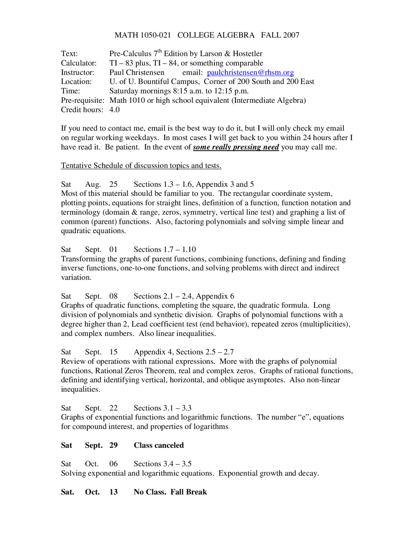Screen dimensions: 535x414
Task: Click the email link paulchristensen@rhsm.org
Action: [x=250, y=72]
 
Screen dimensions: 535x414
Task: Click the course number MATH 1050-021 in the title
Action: [x=143, y=35]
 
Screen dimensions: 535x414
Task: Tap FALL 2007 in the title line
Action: [x=280, y=35]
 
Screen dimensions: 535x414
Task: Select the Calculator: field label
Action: [x=79, y=63]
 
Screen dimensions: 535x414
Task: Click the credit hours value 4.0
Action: [x=114, y=110]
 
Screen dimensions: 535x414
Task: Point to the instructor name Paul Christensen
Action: [x=136, y=72]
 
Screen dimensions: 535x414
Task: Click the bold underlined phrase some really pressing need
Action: [x=236, y=147]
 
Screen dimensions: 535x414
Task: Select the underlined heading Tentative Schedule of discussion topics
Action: [x=141, y=166]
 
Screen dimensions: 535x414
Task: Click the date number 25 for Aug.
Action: [x=114, y=184]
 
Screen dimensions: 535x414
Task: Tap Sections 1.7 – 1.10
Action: [x=165, y=250]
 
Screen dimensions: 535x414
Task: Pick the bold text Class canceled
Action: [x=158, y=446]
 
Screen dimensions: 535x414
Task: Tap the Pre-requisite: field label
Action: [x=82, y=100]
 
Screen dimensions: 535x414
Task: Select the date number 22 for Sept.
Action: [x=114, y=408]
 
